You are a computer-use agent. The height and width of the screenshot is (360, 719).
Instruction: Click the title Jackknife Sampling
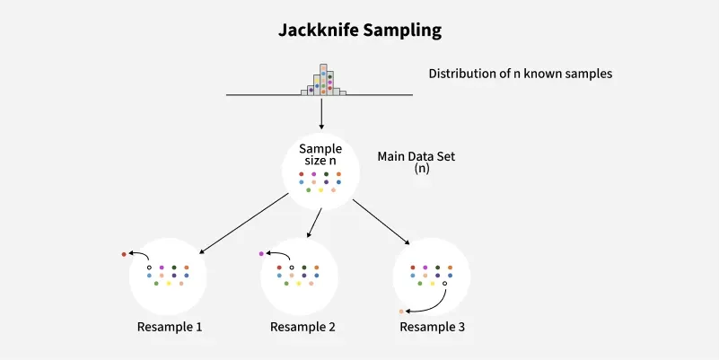(x=359, y=31)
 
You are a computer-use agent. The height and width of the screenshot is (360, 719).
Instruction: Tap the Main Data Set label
(x=416, y=156)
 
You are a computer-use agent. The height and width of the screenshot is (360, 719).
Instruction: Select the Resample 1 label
(x=170, y=327)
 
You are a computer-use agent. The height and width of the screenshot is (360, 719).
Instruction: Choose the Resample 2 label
(x=303, y=327)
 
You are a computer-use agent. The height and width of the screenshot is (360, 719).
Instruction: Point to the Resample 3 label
(x=433, y=327)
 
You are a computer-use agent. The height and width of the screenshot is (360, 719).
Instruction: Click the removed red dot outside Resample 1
(x=124, y=255)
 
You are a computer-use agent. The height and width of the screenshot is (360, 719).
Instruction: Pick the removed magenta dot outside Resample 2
(x=260, y=255)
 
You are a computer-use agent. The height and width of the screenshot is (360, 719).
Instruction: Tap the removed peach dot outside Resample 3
(x=401, y=312)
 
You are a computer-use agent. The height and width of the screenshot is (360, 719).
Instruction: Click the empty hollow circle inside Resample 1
(x=149, y=268)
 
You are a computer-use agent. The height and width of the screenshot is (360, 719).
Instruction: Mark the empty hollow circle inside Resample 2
(x=292, y=268)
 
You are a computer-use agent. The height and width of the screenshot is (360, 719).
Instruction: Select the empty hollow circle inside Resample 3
(x=444, y=284)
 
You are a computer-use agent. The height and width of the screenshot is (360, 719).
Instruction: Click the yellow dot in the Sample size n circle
(x=320, y=190)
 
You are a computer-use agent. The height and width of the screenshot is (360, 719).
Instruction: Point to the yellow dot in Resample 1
(x=169, y=284)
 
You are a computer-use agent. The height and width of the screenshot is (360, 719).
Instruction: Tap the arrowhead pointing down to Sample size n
(x=321, y=127)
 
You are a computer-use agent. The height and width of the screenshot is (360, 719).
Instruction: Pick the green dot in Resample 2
(x=286, y=284)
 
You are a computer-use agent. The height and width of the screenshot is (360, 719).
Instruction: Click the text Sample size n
(x=320, y=154)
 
